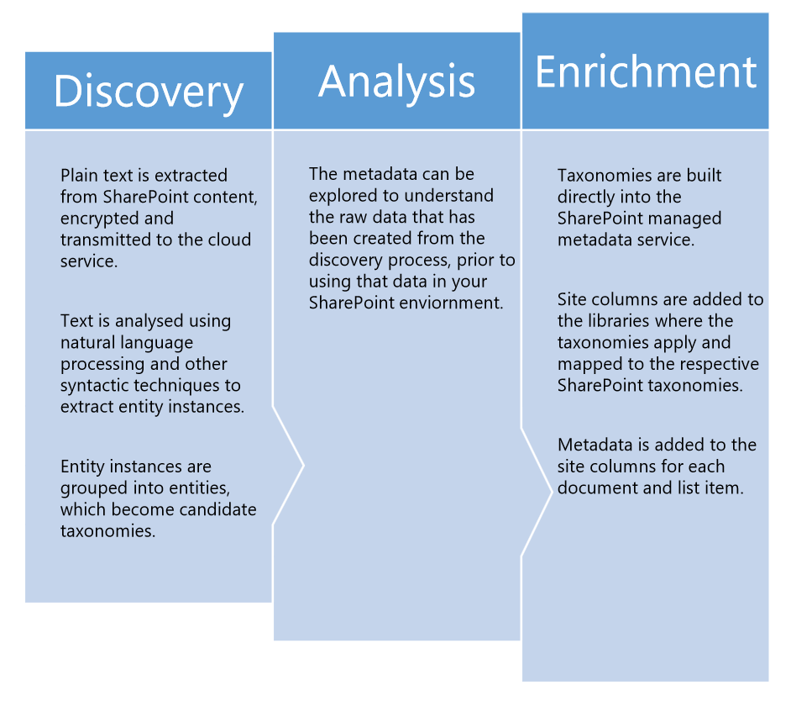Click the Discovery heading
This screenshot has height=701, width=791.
tap(149, 92)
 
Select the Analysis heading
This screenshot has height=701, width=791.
tap(397, 82)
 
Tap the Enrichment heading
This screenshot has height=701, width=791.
tap(646, 71)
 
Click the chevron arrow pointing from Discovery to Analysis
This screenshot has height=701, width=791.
tap(288, 466)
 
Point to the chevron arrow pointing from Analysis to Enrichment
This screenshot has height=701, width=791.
tap(537, 492)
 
